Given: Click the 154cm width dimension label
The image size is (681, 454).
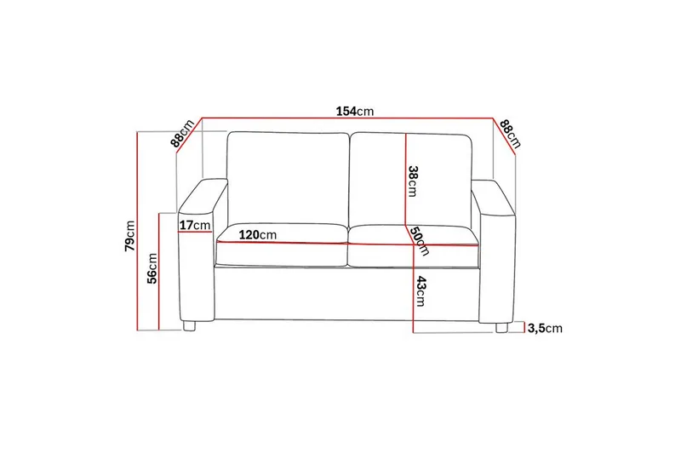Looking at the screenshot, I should tap(354, 112).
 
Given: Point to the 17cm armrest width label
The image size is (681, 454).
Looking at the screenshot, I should tap(195, 225).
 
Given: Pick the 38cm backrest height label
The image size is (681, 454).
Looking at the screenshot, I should tap(413, 180).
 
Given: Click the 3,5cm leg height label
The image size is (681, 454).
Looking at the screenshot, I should tap(545, 328).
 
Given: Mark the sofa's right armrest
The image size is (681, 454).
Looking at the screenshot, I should tap(498, 264).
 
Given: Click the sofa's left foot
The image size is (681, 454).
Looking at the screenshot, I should tap(191, 325).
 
